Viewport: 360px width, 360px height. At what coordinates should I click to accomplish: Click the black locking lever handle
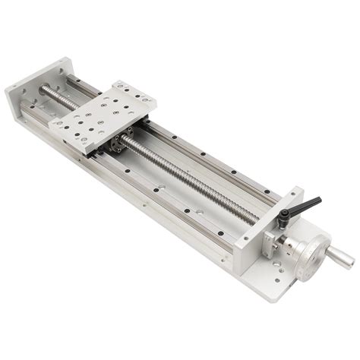[308, 205]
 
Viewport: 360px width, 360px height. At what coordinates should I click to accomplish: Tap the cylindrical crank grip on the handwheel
[339, 258]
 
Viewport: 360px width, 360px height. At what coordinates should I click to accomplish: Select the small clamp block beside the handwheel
[273, 242]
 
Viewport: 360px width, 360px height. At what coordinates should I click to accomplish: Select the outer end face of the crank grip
[351, 262]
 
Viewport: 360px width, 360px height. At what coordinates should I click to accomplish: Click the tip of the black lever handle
[319, 200]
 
